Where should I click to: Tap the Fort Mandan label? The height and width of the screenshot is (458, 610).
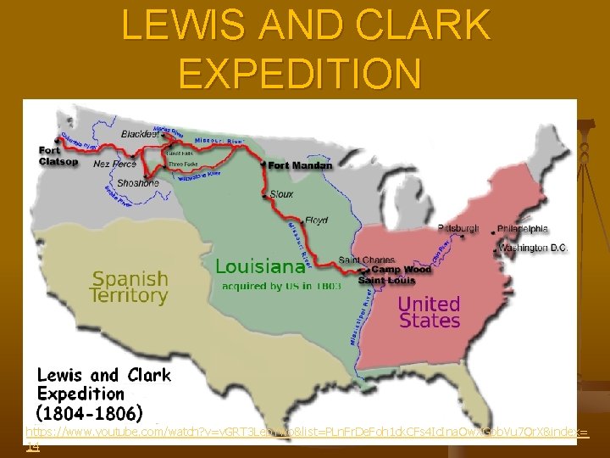[295, 165]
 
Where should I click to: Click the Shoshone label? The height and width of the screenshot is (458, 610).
[137, 182]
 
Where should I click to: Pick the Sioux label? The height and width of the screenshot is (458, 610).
[282, 194]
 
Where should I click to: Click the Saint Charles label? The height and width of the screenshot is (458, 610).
[366, 259]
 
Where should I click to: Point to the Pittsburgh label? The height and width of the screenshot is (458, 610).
[458, 228]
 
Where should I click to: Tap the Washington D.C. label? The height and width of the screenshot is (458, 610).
[533, 248]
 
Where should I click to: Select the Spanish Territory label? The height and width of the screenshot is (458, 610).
[130, 287]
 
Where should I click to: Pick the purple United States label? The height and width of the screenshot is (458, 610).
[429, 311]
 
